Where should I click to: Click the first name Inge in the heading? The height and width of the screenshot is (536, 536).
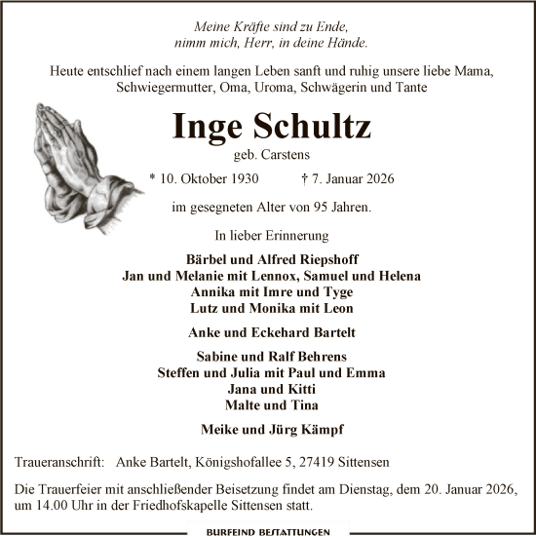point(207,126)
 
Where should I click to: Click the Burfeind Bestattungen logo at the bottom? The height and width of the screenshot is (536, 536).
point(268,531)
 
